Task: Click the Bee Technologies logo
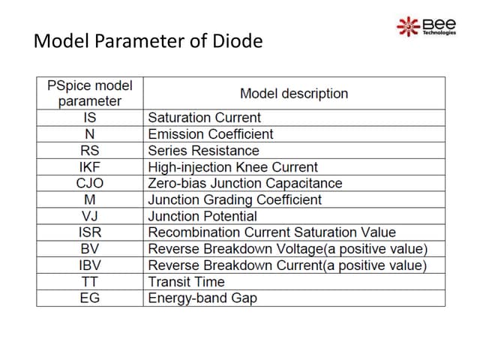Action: point(426,25)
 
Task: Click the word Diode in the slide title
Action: point(238,40)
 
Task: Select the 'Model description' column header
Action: point(294,94)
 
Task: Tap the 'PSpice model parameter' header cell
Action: point(90,94)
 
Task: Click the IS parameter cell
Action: point(90,118)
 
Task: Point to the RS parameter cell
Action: point(90,151)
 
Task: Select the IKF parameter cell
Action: point(90,167)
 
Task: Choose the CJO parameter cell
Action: point(90,184)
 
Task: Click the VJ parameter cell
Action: point(90,216)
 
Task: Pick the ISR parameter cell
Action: point(90,232)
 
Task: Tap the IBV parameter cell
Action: point(90,265)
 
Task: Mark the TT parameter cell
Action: point(90,282)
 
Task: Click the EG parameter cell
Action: point(90,298)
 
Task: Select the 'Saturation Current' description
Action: point(205,118)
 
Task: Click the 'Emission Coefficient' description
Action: point(211,134)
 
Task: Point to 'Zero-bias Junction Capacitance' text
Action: point(245,184)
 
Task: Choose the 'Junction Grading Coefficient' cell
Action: point(235,200)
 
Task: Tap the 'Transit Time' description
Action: point(187,282)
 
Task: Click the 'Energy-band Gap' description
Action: point(202,298)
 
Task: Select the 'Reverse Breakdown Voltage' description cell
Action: point(287,249)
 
